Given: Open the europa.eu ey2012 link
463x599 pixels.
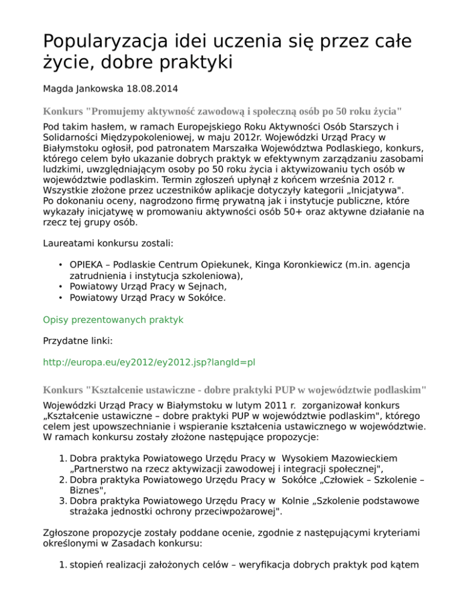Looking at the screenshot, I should pos(150,363).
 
